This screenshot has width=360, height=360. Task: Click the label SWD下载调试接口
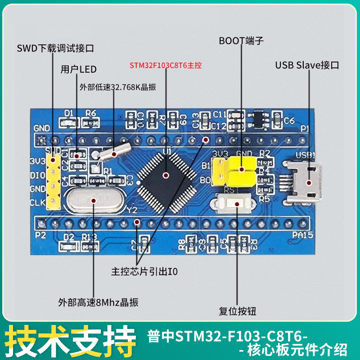[x=55, y=48]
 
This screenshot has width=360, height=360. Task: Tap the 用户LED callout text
[x=79, y=69]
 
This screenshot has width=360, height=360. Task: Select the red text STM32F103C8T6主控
[x=166, y=65]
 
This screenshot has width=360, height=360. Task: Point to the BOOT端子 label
[x=241, y=41]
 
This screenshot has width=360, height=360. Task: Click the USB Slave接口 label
[x=307, y=65]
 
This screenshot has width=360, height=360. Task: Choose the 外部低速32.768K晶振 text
[x=118, y=87]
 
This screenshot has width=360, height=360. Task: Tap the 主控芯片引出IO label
[x=144, y=272]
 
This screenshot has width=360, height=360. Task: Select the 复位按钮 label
[x=238, y=311]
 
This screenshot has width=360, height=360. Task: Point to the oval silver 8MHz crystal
[x=93, y=200]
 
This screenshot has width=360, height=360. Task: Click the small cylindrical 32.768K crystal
[x=112, y=153]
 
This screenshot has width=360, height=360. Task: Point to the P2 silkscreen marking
[x=40, y=235]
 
